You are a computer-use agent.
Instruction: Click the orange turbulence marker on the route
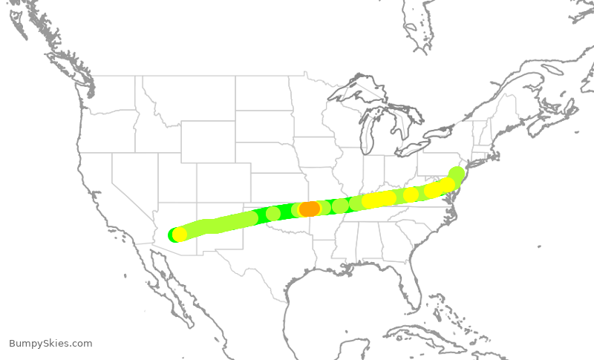tap(310, 209)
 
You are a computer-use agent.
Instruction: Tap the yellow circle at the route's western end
tap(179, 235)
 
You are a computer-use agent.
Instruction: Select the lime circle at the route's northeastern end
tap(457, 174)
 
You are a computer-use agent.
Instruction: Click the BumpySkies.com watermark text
tap(50, 344)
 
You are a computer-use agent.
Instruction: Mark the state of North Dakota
tap(264, 93)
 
